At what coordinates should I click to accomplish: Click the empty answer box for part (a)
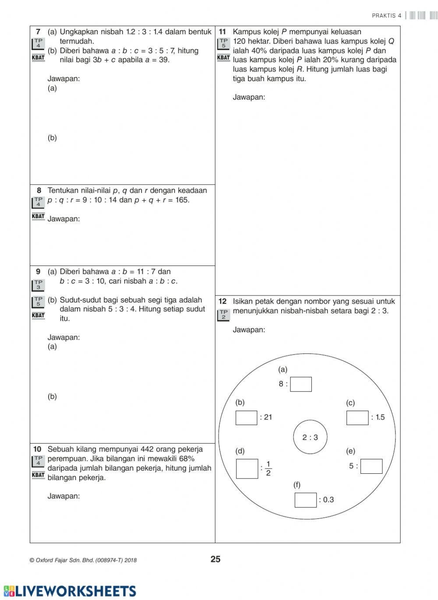click(x=301, y=384)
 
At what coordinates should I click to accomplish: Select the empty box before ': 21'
click(x=246, y=418)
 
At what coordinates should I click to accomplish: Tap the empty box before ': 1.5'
click(x=357, y=418)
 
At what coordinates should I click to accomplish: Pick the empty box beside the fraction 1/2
click(x=247, y=469)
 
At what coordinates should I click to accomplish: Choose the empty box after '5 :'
click(x=371, y=466)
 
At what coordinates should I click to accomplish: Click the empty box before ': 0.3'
click(x=306, y=500)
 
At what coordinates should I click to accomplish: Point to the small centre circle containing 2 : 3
click(x=310, y=437)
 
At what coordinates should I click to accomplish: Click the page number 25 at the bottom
click(x=215, y=559)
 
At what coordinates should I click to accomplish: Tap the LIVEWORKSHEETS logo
click(x=70, y=590)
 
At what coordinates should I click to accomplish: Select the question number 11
click(x=222, y=32)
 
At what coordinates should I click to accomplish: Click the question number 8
click(x=39, y=191)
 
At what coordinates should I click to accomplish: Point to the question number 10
click(x=38, y=449)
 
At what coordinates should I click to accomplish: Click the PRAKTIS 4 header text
click(x=386, y=16)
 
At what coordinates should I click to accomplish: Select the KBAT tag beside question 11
click(x=223, y=58)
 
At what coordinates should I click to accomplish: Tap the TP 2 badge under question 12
click(x=223, y=315)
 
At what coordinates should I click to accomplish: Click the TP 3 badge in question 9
click(x=39, y=285)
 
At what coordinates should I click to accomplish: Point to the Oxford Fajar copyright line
click(x=83, y=560)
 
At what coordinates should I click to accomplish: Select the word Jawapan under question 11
click(x=249, y=97)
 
